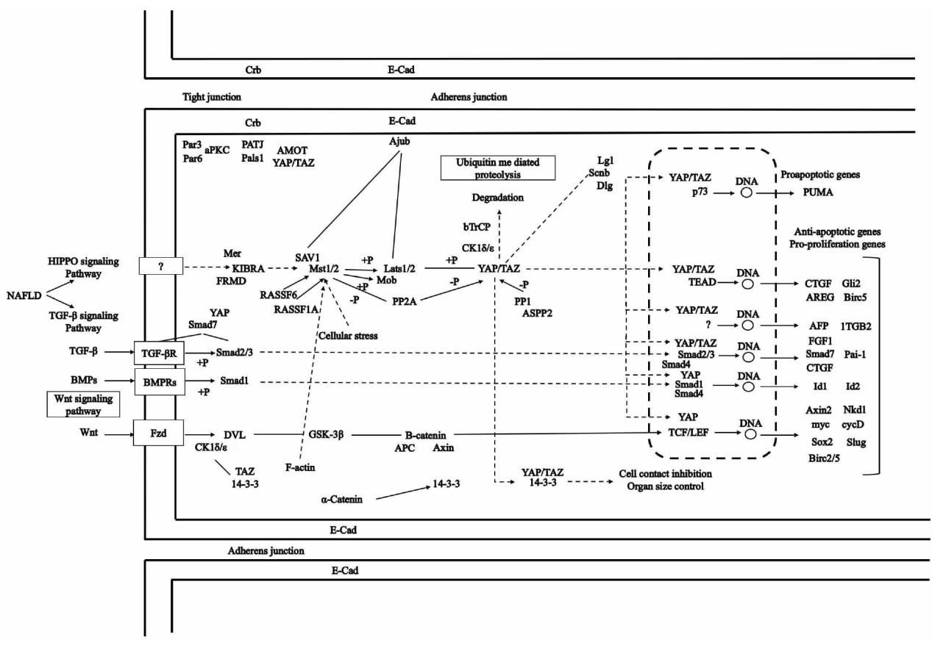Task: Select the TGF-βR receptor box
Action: pos(159,352)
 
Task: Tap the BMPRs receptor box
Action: pos(159,382)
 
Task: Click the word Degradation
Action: pos(497,198)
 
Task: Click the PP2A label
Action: pos(405,300)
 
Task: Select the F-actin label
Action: pos(300,467)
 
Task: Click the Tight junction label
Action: pos(212,97)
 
